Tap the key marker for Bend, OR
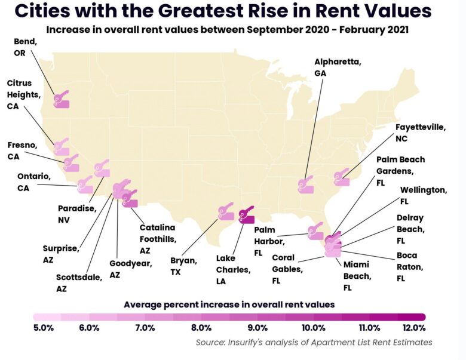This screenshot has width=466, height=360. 61,100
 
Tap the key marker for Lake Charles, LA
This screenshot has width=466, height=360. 246,216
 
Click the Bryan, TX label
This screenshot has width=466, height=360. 185,266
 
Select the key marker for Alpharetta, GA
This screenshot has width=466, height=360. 306,184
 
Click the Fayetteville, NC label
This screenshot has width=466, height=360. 421,133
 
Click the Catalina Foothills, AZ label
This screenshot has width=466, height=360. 157,239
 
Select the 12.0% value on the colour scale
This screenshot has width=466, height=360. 414,328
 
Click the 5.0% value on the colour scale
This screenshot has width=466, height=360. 44,328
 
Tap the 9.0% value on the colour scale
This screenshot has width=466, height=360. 257,328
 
